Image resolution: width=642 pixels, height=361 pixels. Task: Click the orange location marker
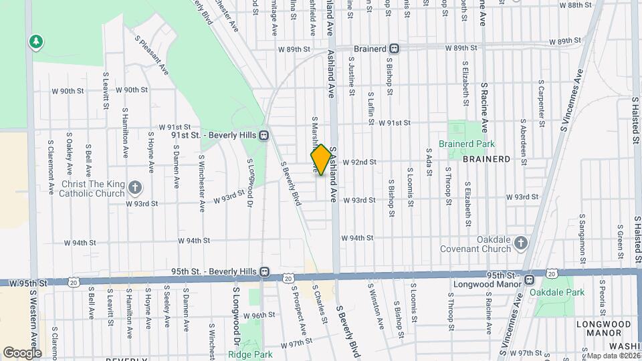(321, 160)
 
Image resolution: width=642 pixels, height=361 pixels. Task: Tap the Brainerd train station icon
(395, 48)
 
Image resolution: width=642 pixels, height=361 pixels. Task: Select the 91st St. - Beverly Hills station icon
(265, 134)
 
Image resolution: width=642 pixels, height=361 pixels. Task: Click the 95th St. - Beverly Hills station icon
(265, 271)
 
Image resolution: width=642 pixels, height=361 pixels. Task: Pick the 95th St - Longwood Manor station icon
(529, 280)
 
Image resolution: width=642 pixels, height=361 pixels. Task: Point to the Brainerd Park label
(466, 144)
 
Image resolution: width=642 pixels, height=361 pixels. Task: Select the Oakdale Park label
(557, 292)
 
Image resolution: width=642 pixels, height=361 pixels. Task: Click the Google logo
(21, 352)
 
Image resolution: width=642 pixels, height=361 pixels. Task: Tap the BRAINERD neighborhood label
(486, 159)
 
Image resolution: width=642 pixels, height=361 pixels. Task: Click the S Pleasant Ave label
(150, 51)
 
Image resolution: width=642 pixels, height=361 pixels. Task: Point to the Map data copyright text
(612, 356)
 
